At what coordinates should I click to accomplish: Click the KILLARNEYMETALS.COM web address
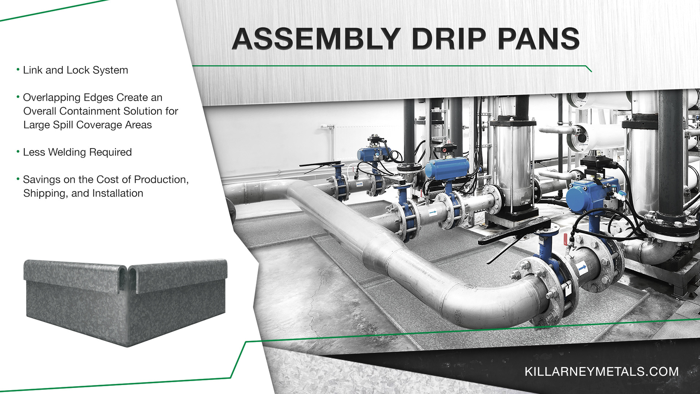[602, 371]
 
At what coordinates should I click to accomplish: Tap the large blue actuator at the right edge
[591, 196]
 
